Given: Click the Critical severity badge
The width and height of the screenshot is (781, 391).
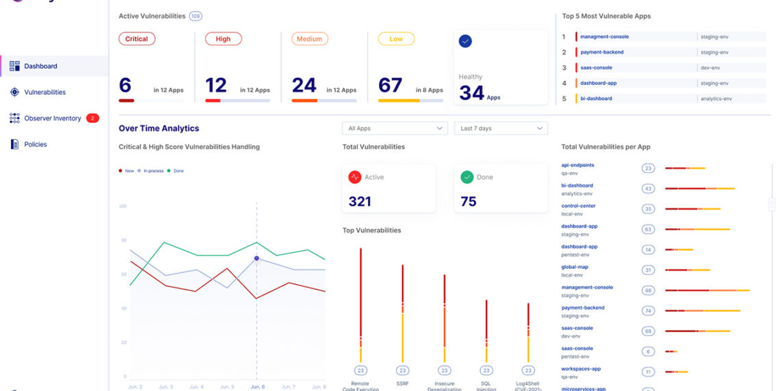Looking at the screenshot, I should [x=136, y=39].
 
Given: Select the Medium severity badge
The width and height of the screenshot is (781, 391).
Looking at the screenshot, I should [x=309, y=39].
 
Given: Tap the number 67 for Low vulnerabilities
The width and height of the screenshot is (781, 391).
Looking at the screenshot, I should [x=390, y=85].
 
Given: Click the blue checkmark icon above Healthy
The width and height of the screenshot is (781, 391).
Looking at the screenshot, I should [x=465, y=41].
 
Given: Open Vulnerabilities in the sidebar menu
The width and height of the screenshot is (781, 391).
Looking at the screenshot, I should [x=45, y=92].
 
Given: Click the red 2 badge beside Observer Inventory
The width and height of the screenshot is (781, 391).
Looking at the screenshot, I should [x=92, y=118].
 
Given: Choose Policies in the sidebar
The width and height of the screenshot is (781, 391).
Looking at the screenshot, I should [x=36, y=144].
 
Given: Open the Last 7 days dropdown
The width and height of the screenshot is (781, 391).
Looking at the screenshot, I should [x=501, y=128].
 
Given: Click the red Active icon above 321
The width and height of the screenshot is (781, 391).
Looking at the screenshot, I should [x=355, y=177].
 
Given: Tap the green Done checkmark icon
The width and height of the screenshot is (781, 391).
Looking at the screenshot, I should [x=467, y=177].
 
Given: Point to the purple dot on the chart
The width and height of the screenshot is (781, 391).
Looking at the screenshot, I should [x=257, y=259].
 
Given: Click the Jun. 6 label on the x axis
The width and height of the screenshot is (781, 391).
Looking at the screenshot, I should [x=257, y=387].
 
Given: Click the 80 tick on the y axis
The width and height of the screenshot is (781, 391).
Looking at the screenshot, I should [x=123, y=240].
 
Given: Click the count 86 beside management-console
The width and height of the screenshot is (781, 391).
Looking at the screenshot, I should [x=648, y=291].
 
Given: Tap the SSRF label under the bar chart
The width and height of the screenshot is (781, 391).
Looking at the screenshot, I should [x=403, y=383].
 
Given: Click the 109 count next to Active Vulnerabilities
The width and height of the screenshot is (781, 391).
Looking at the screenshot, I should [x=195, y=16].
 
